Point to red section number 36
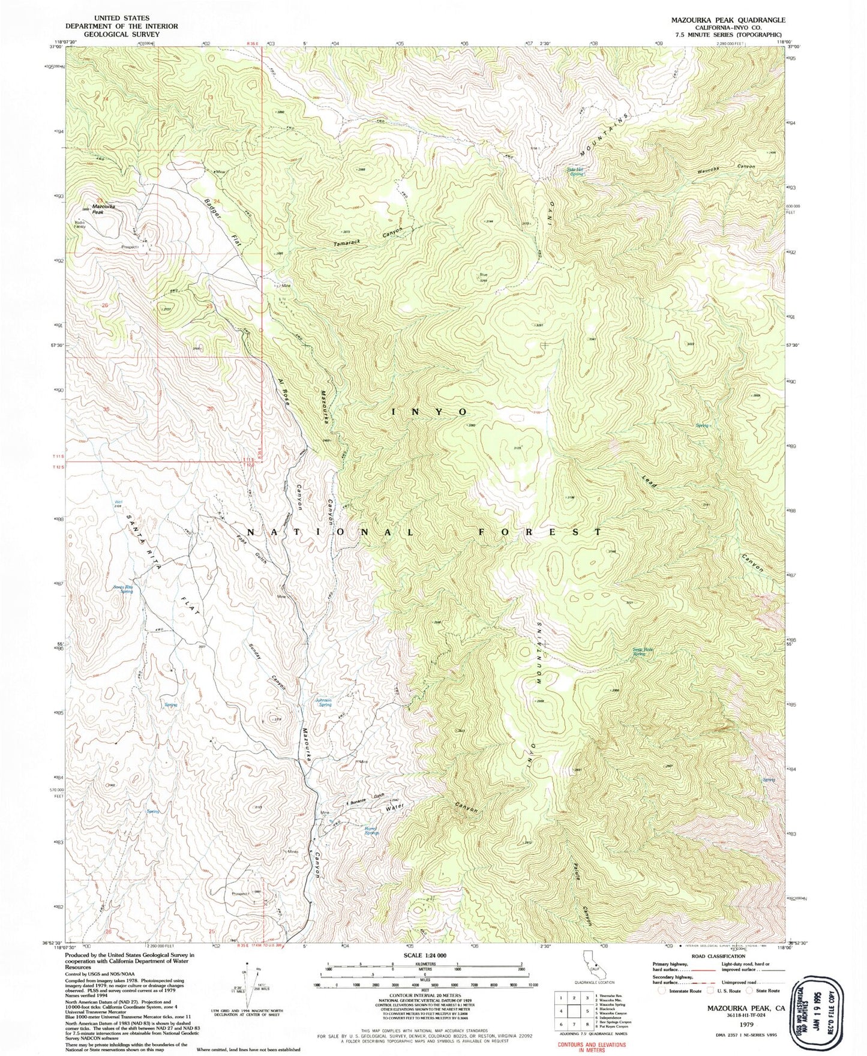pyautogui.click(x=210, y=409)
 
